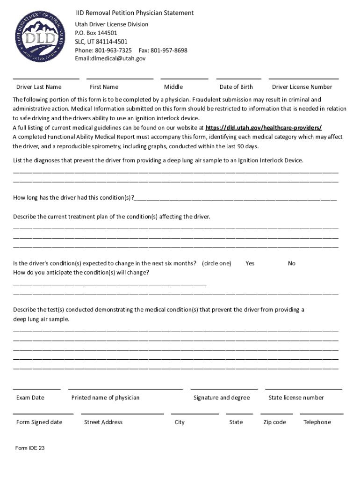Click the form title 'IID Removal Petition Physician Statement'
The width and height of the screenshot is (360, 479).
click(x=135, y=13)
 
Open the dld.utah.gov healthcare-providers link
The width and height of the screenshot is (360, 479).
click(x=264, y=127)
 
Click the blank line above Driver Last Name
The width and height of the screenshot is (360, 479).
click(x=46, y=78)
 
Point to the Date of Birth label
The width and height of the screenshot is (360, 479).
click(x=236, y=87)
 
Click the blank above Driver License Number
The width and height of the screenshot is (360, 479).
click(x=303, y=78)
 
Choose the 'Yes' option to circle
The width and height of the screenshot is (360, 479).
click(x=250, y=263)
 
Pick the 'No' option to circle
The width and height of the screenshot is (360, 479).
click(x=292, y=263)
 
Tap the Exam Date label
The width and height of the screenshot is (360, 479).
click(x=30, y=398)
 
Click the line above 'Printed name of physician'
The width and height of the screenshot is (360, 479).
click(x=125, y=388)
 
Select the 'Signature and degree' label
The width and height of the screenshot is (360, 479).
click(x=222, y=398)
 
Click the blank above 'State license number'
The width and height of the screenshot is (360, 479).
click(x=303, y=388)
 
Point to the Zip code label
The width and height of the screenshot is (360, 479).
click(x=274, y=422)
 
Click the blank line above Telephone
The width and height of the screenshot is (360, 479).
click(x=322, y=414)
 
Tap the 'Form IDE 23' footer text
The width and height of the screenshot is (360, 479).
click(x=30, y=448)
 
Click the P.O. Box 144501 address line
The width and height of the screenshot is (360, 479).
click(x=96, y=33)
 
